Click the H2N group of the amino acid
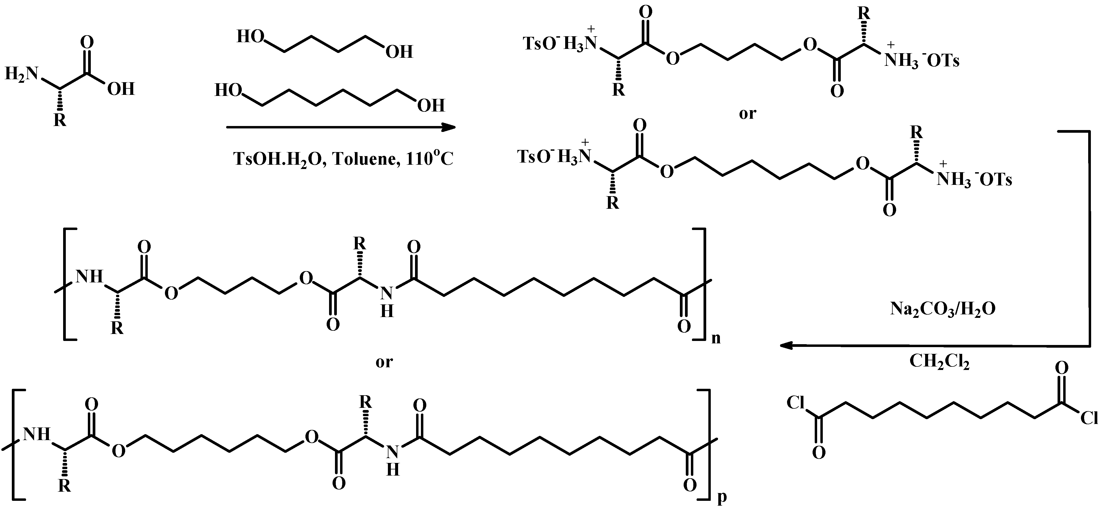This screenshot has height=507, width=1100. pos(21,74)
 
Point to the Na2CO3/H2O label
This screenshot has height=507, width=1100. pos(942,309)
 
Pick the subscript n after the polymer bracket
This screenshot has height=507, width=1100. pos(716,338)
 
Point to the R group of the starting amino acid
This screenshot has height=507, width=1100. pos(60,120)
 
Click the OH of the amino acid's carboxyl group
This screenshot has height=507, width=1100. pos(121,89)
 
